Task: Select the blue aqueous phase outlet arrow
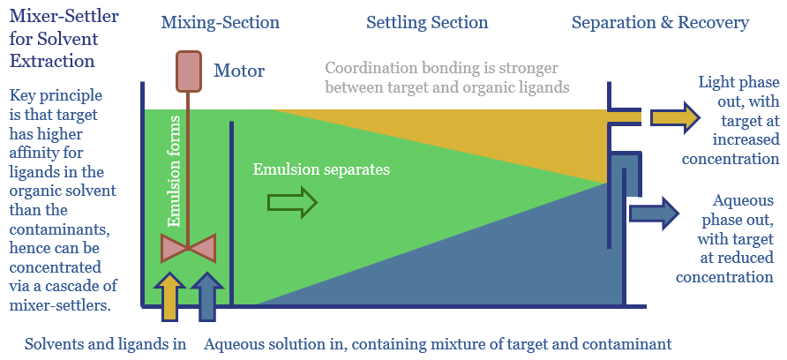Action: click(x=653, y=213)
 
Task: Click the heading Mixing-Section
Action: click(x=220, y=22)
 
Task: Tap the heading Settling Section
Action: click(x=427, y=22)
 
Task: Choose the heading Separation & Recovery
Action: click(x=660, y=22)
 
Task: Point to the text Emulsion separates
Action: click(x=321, y=169)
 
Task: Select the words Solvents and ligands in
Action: click(x=105, y=344)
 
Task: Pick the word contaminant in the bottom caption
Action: click(x=628, y=344)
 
